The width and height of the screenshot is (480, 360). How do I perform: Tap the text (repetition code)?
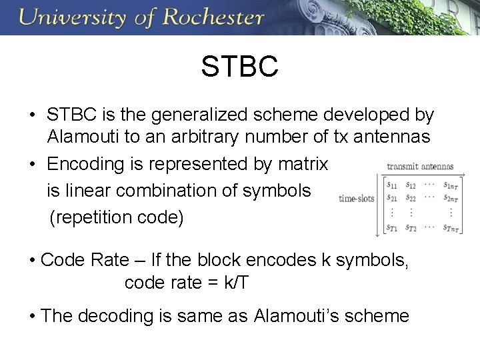click(117, 218)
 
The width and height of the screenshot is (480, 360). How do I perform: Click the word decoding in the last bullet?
click(134, 315)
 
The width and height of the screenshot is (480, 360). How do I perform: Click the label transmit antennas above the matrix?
click(419, 167)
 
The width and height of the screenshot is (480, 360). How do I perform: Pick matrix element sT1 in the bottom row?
click(386, 227)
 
